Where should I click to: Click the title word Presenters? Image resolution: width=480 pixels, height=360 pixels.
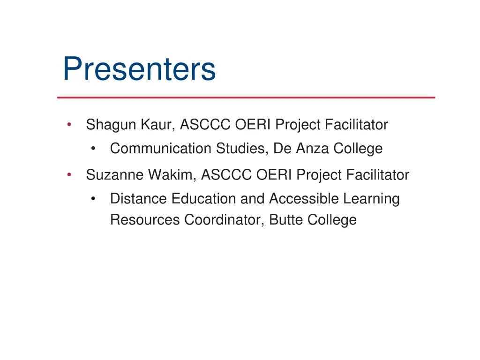[139, 69]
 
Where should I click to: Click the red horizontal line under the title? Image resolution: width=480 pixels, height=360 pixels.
[246, 97]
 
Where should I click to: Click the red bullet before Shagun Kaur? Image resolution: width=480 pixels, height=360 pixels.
[69, 125]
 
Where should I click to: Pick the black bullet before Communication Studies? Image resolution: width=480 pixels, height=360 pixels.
[94, 149]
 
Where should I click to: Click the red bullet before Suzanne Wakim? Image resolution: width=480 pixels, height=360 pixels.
[69, 175]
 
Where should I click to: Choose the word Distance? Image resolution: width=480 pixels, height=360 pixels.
[139, 199]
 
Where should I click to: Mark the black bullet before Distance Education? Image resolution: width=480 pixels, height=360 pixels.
[94, 199]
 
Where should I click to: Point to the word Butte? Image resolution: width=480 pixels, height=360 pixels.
[286, 220]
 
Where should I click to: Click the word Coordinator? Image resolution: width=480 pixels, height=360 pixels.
[225, 220]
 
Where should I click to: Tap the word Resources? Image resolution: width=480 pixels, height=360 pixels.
[145, 220]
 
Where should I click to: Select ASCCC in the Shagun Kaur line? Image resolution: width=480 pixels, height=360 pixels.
[205, 125]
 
